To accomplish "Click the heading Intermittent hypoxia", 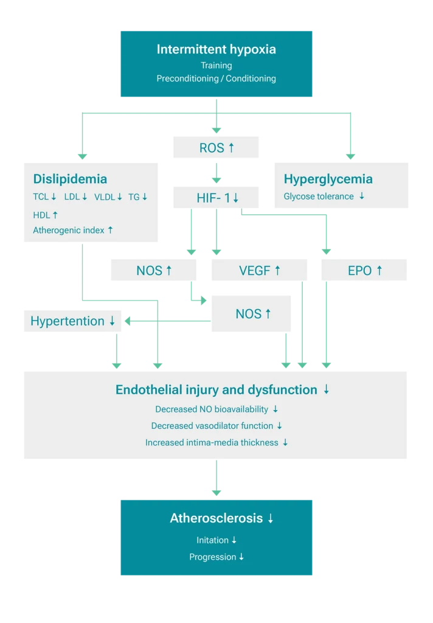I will pyautogui.click(x=216, y=49).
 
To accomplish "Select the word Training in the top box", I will pyautogui.click(x=216, y=65).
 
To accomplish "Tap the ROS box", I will pyautogui.click(x=216, y=147).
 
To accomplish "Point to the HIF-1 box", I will pyautogui.click(x=216, y=198).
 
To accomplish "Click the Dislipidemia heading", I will pyautogui.click(x=70, y=179).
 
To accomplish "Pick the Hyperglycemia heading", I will pyautogui.click(x=328, y=179).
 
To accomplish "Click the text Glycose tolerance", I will pyautogui.click(x=319, y=197).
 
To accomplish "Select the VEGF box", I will pyautogui.click(x=260, y=270).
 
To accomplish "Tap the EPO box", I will pyautogui.click(x=365, y=270).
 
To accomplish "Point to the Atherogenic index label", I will pyautogui.click(x=69, y=230).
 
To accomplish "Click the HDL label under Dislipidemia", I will pyautogui.click(x=42, y=215).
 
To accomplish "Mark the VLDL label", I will pyautogui.click(x=105, y=197).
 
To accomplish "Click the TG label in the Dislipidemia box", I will pyautogui.click(x=134, y=197).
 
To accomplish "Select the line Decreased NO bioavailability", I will pyautogui.click(x=212, y=409).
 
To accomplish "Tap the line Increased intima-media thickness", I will pyautogui.click(x=212, y=442).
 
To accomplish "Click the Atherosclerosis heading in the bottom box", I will pyautogui.click(x=216, y=518).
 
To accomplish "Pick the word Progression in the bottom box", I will pyautogui.click(x=212, y=557).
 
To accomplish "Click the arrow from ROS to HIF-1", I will pyautogui.click(x=216, y=173).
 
